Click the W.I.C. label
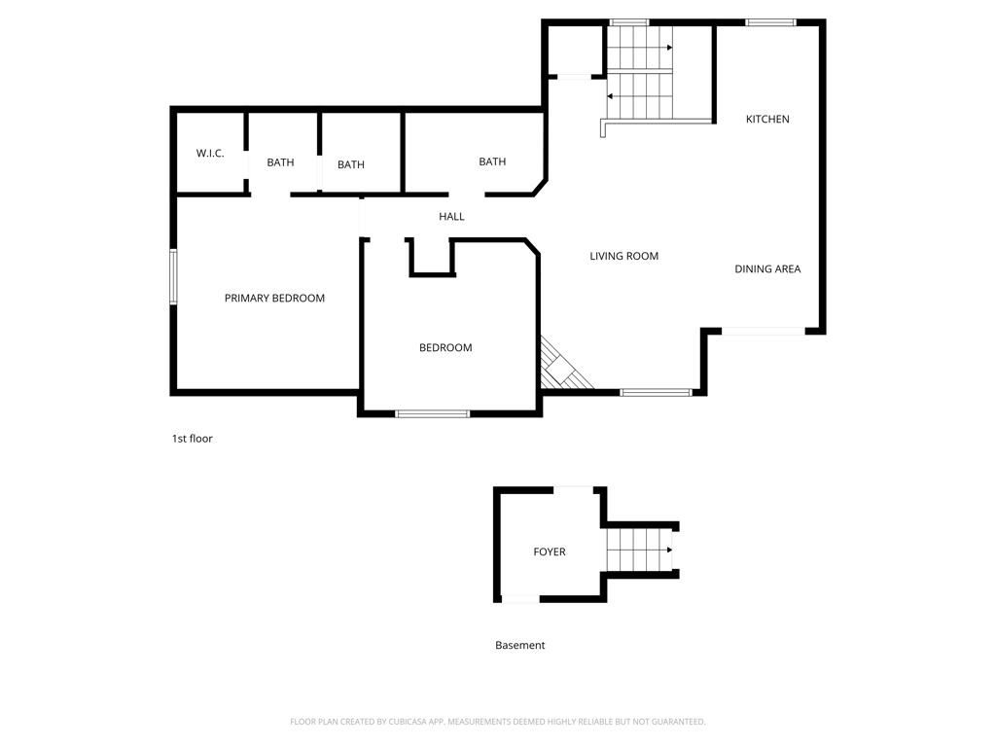[210, 154]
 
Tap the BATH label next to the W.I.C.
[280, 162]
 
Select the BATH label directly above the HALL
[492, 161]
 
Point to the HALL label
[451, 217]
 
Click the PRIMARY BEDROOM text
[274, 299]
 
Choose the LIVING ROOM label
[623, 257]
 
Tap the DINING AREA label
[767, 269]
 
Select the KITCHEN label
[767, 120]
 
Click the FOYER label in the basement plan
[550, 552]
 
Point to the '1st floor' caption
[192, 439]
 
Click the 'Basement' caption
[520, 646]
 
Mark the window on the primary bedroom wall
[174, 276]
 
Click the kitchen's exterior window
[770, 22]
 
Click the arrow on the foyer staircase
[669, 551]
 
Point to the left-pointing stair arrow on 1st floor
[610, 96]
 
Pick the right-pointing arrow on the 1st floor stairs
[669, 48]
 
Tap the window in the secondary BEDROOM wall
[432, 413]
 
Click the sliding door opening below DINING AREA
[763, 332]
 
